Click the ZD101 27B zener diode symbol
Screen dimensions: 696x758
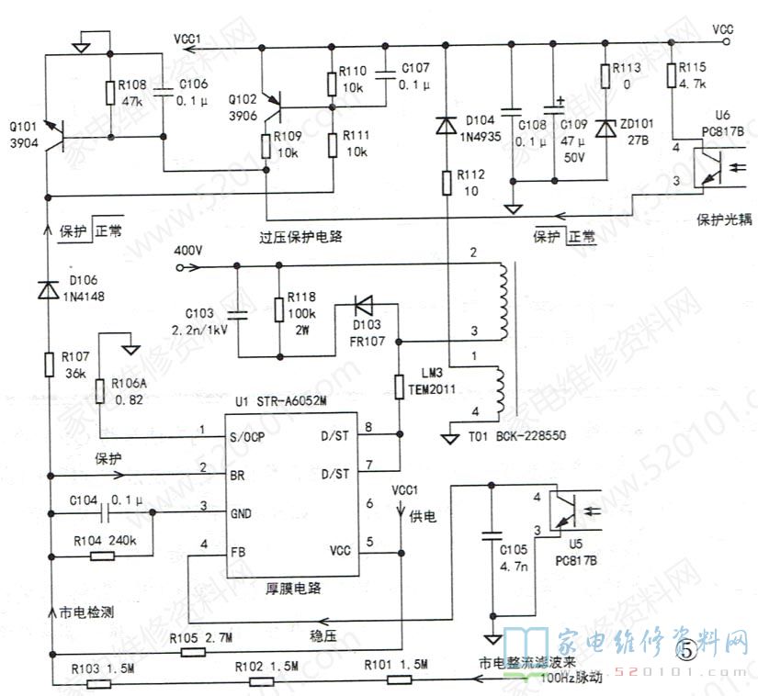coord(605,129)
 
